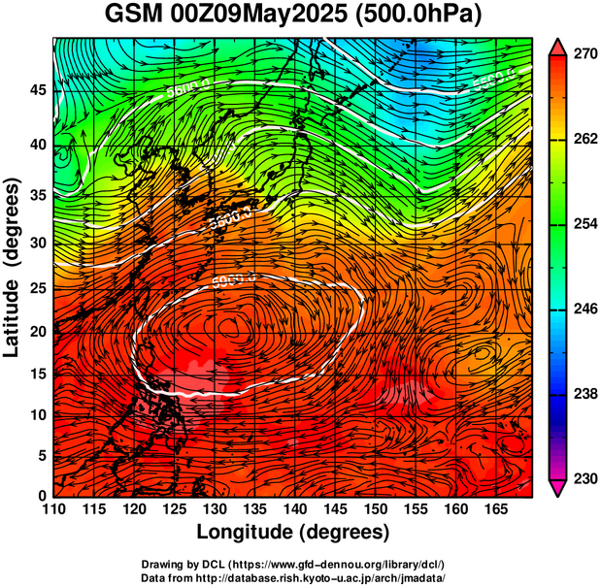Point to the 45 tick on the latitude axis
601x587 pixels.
tap(36, 89)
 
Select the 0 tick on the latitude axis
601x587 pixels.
tap(41, 496)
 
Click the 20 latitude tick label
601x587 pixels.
tap(36, 331)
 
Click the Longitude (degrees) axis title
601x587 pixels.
tap(293, 532)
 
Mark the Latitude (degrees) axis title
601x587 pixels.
tap(13, 267)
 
